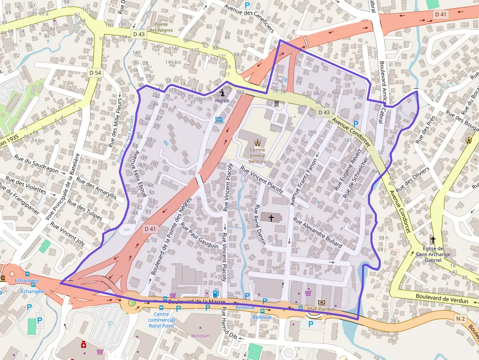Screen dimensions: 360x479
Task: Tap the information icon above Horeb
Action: click(x=223, y=91)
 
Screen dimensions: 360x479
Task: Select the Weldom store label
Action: click(x=200, y=336)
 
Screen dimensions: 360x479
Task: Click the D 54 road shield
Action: click(x=95, y=73)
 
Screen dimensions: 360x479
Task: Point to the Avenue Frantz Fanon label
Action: click(x=305, y=181)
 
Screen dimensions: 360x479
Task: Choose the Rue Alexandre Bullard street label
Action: click(x=318, y=232)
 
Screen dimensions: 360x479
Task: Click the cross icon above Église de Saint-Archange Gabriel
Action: click(x=433, y=240)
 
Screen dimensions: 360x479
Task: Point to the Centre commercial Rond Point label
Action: click(x=161, y=320)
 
